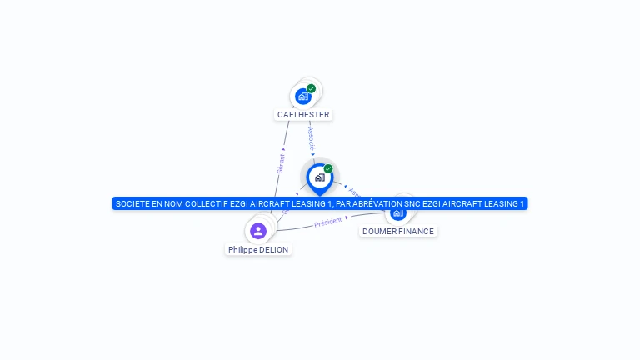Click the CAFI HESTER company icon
(x=303, y=96)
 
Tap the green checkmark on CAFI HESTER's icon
(x=311, y=88)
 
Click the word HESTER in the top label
(x=315, y=115)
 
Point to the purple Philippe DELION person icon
(x=258, y=231)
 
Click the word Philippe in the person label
(x=242, y=250)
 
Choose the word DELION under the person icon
(x=274, y=250)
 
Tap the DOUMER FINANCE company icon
(x=398, y=213)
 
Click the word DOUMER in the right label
(x=380, y=232)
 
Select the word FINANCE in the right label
(x=417, y=232)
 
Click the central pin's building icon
(x=319, y=177)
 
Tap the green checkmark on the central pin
(x=328, y=168)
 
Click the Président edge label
(x=328, y=222)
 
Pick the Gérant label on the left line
(x=281, y=162)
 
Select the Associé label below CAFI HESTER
(x=311, y=138)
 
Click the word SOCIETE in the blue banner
(x=134, y=203)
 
